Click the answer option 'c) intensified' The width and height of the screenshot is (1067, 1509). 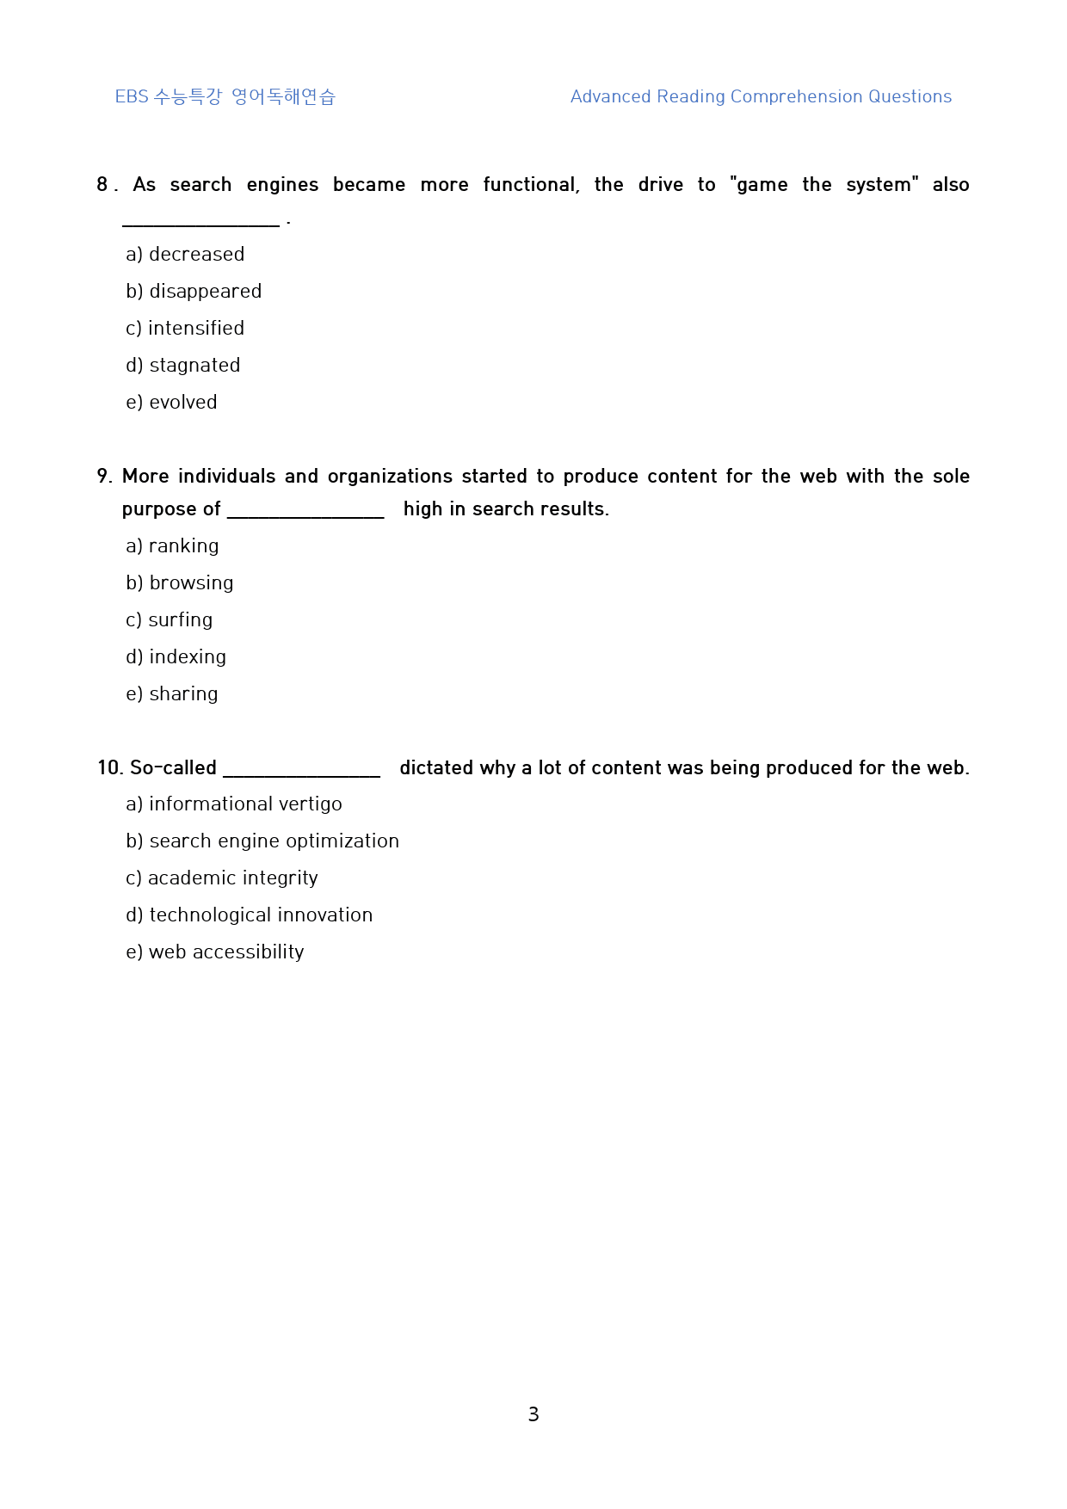tap(185, 329)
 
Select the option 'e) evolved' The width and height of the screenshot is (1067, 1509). tap(171, 403)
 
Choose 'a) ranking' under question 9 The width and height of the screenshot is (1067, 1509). tap(172, 546)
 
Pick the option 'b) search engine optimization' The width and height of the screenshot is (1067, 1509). tap(262, 841)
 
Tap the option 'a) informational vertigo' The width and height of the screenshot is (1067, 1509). tap(234, 804)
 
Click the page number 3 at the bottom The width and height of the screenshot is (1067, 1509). tap(533, 1414)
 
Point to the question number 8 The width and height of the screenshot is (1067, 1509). tap(102, 185)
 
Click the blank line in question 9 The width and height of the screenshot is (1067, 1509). tap(305, 515)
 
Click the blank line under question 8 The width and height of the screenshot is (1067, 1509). tap(200, 224)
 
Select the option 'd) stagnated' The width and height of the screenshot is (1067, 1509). tap(183, 366)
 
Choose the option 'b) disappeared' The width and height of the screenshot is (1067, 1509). tap(194, 292)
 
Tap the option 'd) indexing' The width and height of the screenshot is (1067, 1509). tap(176, 657)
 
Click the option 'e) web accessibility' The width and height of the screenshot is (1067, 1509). tap(215, 952)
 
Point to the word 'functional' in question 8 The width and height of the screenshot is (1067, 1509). tap(531, 185)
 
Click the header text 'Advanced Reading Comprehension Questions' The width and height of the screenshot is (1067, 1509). tap(761, 97)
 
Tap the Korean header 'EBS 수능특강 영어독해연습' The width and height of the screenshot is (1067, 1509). tap(225, 97)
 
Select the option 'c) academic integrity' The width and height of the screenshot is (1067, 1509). tap(222, 878)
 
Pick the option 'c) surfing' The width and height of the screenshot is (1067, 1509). tap(170, 620)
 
